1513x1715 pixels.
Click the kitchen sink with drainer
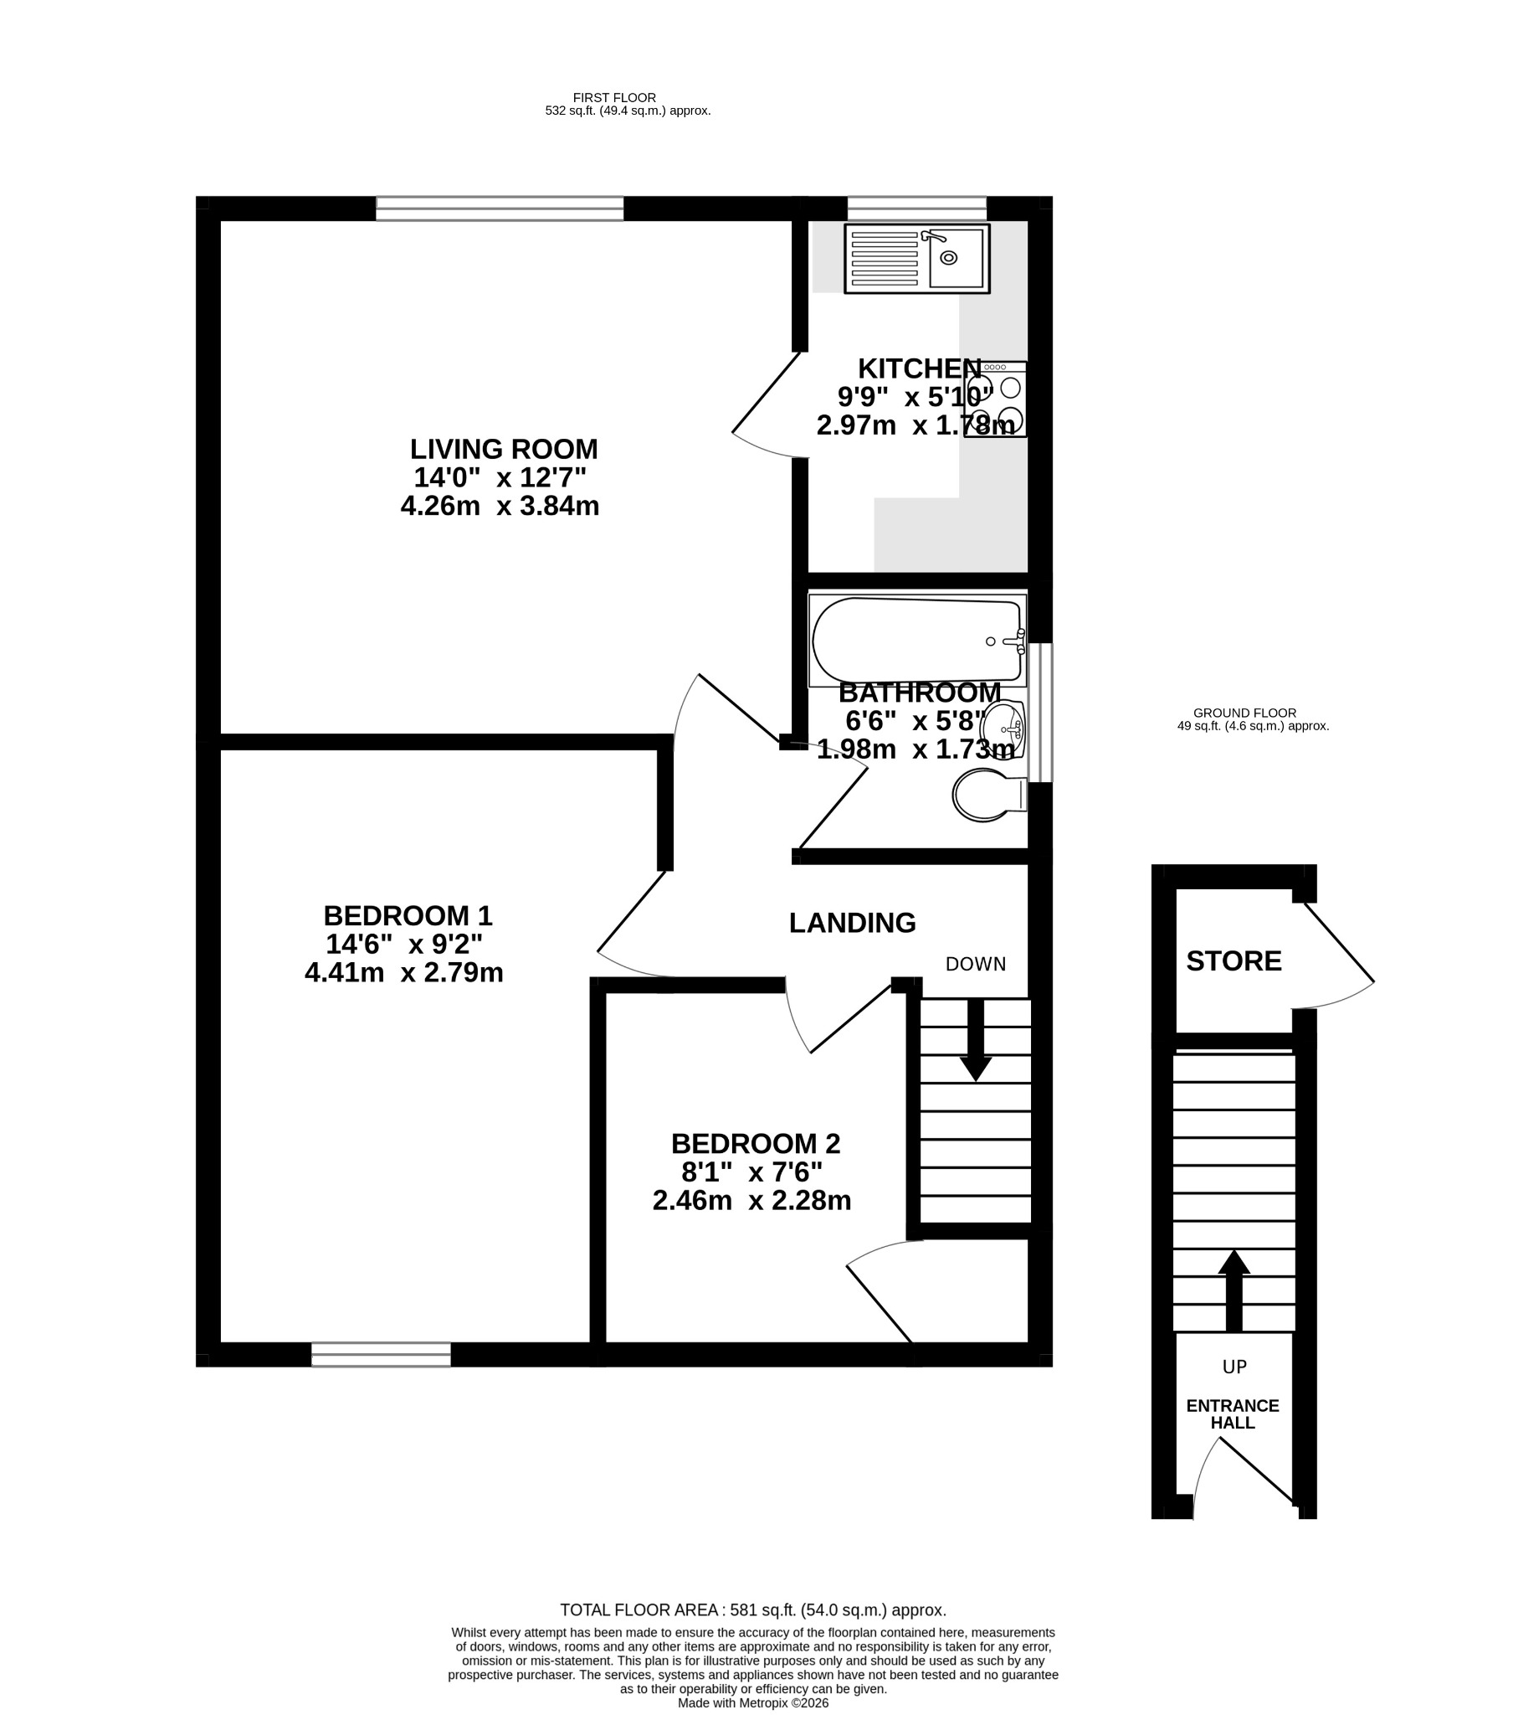pos(916,259)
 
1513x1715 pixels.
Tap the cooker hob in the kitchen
pos(996,399)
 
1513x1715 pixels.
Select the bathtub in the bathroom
pos(917,640)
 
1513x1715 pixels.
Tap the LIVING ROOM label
pos(503,449)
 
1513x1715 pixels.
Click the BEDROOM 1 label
pos(408,914)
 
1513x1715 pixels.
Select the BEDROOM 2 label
pos(755,1144)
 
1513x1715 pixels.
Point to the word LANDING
pos(852,923)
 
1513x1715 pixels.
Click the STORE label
pos(1233,961)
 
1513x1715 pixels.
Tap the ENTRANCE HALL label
pos(1232,1414)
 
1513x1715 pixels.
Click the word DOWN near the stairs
pos(976,964)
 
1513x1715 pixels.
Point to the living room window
pos(500,208)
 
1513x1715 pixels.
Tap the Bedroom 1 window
pos(381,1354)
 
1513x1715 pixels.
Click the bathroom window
pos(1040,713)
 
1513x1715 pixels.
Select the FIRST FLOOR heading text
pos(614,97)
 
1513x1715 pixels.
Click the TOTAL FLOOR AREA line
pos(753,1610)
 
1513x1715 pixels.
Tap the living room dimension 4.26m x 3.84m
pos(500,506)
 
